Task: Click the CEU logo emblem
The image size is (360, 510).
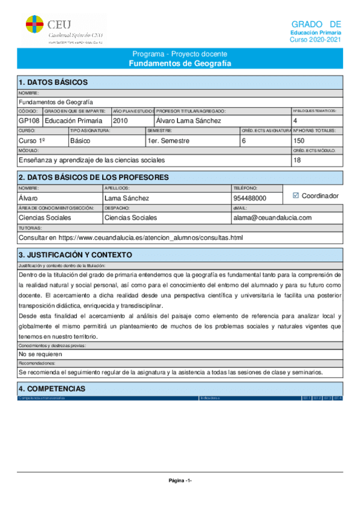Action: [34, 25]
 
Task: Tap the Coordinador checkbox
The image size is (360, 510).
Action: [295, 195]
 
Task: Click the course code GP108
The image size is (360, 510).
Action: [29, 121]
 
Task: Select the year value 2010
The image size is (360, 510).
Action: [121, 121]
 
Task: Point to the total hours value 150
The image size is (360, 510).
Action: [299, 141]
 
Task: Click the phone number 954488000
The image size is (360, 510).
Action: [249, 198]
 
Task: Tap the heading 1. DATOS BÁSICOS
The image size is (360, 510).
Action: [53, 82]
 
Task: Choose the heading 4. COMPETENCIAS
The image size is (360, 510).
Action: [52, 389]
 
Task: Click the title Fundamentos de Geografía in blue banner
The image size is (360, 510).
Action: [180, 63]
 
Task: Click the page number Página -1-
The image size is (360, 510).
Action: [180, 481]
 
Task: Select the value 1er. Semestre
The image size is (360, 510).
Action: [168, 141]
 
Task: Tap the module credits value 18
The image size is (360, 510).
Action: [297, 160]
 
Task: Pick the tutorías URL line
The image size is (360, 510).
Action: [130, 238]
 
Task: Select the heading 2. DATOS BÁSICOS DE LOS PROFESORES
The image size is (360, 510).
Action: [93, 177]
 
